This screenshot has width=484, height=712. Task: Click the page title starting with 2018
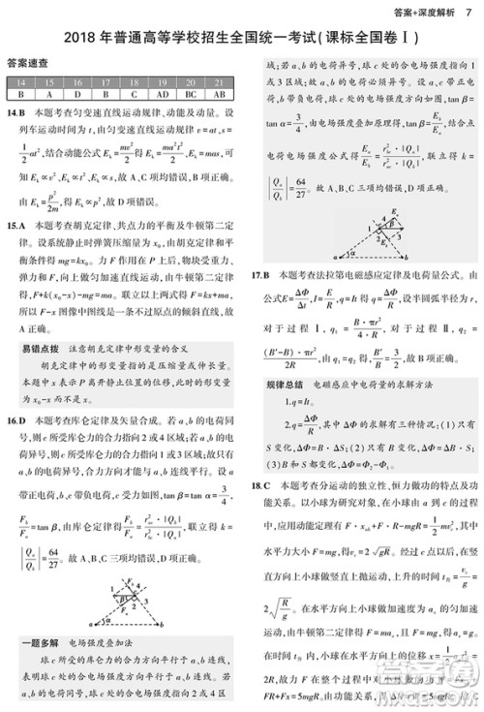[242, 38]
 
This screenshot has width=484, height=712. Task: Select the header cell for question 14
[21, 83]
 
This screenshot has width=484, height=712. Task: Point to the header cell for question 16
[77, 83]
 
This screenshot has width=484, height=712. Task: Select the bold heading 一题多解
[37, 641]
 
